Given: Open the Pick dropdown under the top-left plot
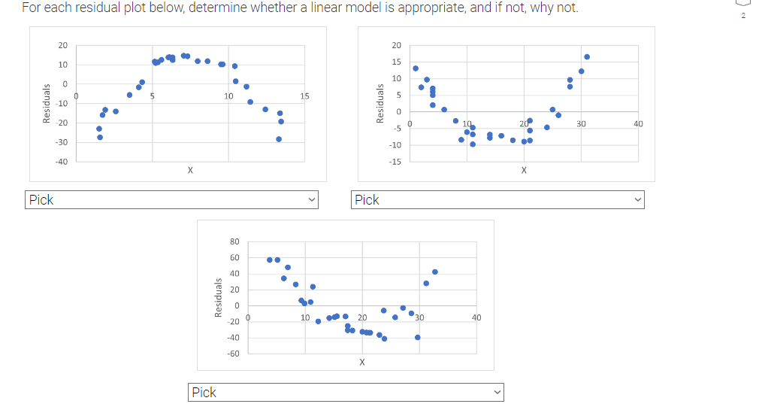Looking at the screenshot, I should pos(173,200).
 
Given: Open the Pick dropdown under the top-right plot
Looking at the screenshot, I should pos(499,200).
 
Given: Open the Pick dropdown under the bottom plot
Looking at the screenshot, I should pos(346,392).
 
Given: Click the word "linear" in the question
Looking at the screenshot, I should pos(347,8).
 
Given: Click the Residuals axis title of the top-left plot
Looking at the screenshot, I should pos(47,103).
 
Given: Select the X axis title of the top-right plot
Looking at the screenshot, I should pos(524,171).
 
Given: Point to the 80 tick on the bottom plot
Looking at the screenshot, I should pos(234,241).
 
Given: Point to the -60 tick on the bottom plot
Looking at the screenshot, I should pos(233,353).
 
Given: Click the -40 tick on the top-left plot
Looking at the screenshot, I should pos(62,162).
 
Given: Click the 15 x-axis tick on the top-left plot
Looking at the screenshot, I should pos(304,96).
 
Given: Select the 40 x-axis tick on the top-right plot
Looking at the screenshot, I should pos(638,123).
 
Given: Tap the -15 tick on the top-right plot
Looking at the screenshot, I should pos(395,162).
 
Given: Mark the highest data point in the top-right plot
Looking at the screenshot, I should pos(587,56).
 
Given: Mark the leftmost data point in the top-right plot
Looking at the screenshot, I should pos(416,68).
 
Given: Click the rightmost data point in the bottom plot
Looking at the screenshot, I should pos(435,272).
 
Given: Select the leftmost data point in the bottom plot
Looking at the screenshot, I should pos(270,260).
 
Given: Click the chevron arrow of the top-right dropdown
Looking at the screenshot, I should pos(637,200).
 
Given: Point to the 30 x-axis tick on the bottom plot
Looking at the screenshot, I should pos(419,317).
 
